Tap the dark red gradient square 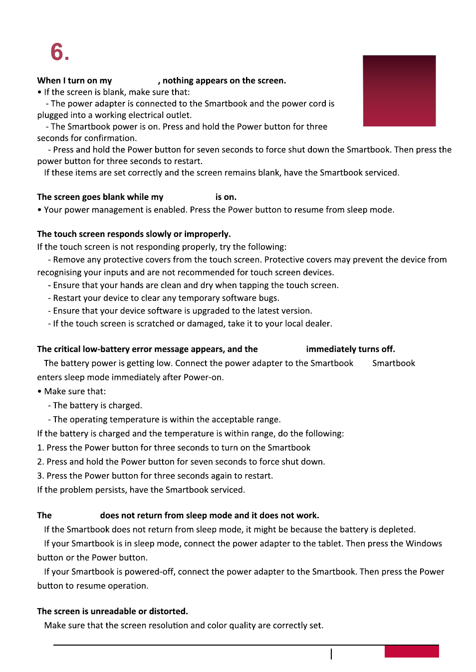(x=399, y=91)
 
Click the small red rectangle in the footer (x=412, y=651)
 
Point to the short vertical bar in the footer (x=331, y=654)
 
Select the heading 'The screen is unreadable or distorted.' (x=112, y=611)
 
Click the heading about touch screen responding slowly (x=134, y=234)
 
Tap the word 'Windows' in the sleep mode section (x=424, y=543)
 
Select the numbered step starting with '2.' (x=181, y=462)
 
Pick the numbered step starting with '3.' (x=155, y=476)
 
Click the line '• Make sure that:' (x=71, y=391)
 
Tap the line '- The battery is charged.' (x=95, y=405)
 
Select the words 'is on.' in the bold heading (x=226, y=197)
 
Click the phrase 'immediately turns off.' (x=350, y=349)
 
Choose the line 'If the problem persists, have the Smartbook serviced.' (x=141, y=490)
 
